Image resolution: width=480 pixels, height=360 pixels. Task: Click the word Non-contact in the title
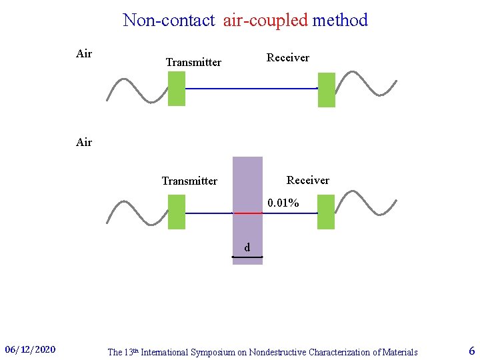169,20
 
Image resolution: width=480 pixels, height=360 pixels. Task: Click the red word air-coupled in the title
265,20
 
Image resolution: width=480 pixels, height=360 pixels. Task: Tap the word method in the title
340,20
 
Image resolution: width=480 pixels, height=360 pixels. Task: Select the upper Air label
84,54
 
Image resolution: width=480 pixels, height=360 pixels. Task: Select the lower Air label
84,142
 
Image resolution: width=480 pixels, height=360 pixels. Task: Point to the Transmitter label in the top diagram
193,62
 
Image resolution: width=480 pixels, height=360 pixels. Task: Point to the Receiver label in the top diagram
288,57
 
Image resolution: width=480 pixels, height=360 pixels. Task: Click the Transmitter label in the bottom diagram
189,181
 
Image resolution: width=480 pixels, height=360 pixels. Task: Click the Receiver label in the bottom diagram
307,180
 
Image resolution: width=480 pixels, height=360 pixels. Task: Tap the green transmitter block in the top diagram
176,89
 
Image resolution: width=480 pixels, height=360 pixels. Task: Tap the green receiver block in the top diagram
326,90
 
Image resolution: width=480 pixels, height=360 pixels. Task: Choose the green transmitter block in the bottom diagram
177,212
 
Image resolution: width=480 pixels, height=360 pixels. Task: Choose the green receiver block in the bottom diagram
325,212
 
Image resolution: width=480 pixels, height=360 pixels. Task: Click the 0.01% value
283,203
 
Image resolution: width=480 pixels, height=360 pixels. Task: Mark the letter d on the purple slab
247,248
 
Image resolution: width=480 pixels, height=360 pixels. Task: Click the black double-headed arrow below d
243,257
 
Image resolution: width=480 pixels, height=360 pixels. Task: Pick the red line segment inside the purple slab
247,213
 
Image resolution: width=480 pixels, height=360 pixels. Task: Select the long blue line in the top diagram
251,88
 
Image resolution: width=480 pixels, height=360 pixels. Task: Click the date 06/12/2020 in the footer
30,349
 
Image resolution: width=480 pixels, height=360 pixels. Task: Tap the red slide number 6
471,351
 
